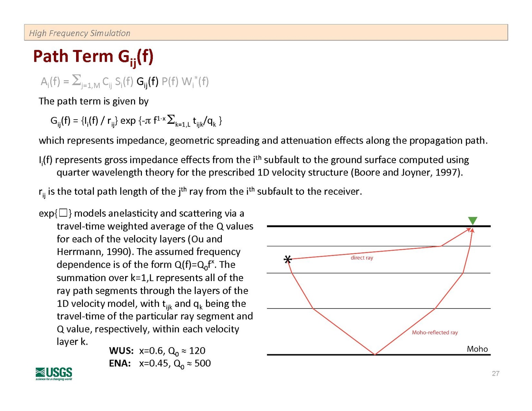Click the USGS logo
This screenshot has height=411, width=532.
coord(54,373)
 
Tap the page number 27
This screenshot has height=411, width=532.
coord(495,374)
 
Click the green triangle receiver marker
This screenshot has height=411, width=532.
coord(472,221)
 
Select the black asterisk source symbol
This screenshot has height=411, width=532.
coord(288,260)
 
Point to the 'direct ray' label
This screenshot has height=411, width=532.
coord(362,258)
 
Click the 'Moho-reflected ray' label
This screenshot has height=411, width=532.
coord(435,333)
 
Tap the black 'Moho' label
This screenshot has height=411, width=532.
coord(477,349)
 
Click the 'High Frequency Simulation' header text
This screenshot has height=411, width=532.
coord(80,33)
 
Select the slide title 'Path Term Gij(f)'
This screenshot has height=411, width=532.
coord(93,57)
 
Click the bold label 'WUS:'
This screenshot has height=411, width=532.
coord(121,351)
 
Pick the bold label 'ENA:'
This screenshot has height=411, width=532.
coord(120,363)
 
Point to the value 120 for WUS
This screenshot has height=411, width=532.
coord(197,351)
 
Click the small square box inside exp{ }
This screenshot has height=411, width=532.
coord(63,213)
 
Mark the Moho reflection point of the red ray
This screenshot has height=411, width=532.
coord(375,354)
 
